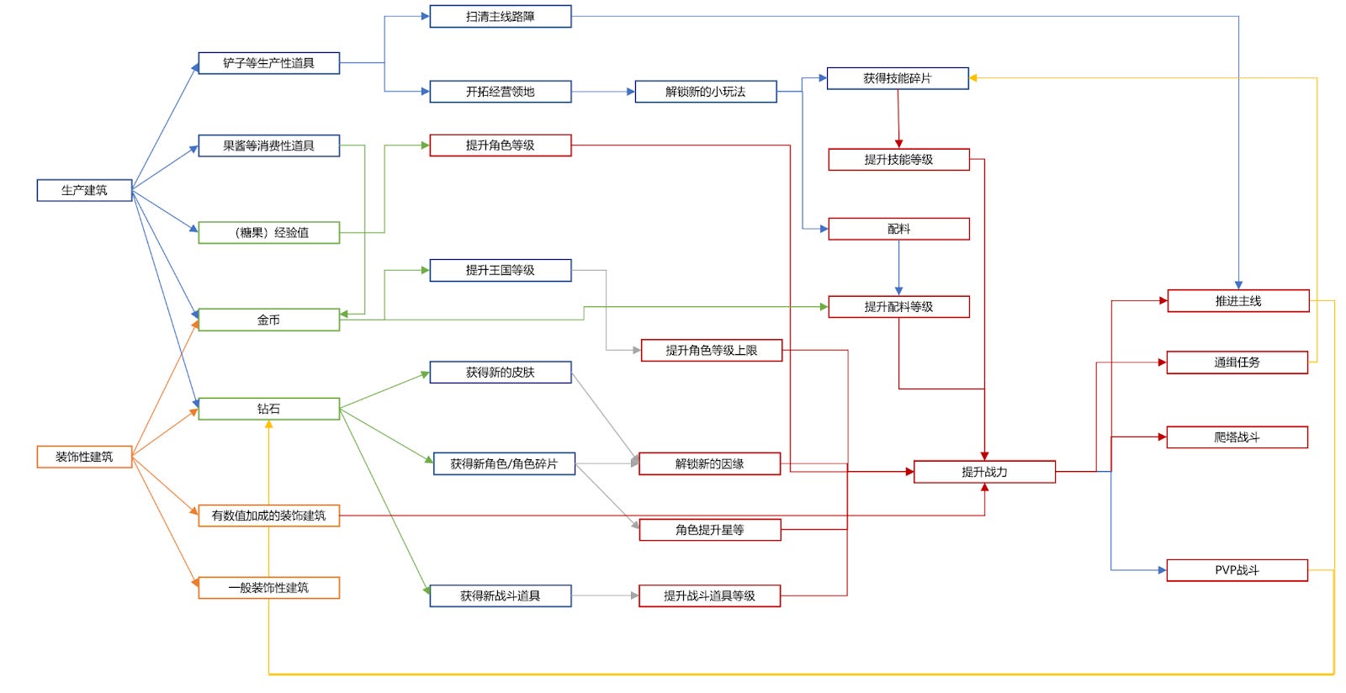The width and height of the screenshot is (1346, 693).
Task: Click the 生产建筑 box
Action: [x=84, y=190]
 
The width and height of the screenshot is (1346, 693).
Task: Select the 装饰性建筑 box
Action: [x=84, y=457]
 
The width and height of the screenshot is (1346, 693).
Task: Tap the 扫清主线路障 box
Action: [x=500, y=16]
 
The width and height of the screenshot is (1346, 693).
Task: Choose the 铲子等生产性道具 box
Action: [x=268, y=63]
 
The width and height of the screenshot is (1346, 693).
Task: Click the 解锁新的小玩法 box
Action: [x=705, y=92]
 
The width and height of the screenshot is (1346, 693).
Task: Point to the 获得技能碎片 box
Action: [x=897, y=78]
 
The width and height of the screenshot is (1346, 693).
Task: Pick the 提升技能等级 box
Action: [x=898, y=159]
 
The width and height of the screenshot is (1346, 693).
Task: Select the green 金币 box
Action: [x=268, y=320]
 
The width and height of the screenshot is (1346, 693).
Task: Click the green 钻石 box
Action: [x=268, y=409]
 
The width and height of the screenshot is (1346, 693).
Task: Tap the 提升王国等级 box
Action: [x=500, y=270]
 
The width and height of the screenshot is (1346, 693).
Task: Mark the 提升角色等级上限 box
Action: [x=711, y=350]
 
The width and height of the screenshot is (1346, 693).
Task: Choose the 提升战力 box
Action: [x=984, y=472]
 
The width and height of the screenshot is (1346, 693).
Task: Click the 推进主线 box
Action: [x=1237, y=300]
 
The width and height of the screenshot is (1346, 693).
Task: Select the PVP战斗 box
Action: [x=1237, y=570]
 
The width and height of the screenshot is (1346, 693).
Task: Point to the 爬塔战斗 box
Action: [x=1237, y=437]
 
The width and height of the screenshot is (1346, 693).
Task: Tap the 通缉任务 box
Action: [x=1237, y=362]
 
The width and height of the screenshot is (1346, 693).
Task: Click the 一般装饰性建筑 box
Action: [x=268, y=587]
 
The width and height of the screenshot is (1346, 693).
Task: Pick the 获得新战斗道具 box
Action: [x=500, y=595]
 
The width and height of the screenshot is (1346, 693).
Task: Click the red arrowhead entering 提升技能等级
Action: [x=898, y=144]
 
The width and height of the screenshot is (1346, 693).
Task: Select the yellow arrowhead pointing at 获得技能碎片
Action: [x=973, y=78]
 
